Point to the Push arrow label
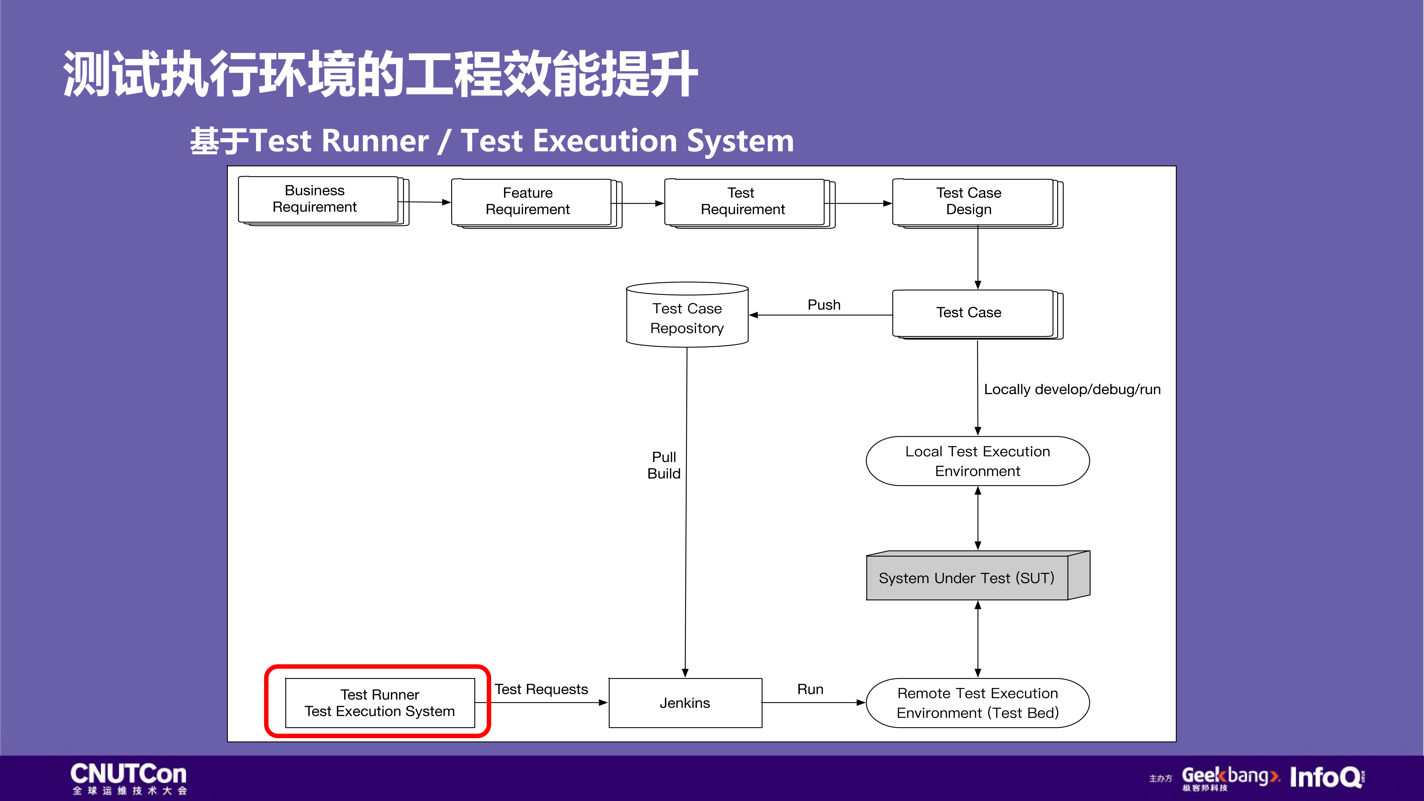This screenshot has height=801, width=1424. tap(824, 305)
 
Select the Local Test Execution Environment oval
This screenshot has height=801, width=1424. tap(977, 461)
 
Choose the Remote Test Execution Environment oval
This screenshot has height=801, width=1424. tap(977, 703)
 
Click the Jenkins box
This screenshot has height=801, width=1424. tap(685, 703)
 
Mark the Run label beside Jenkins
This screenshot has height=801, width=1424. tap(810, 689)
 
